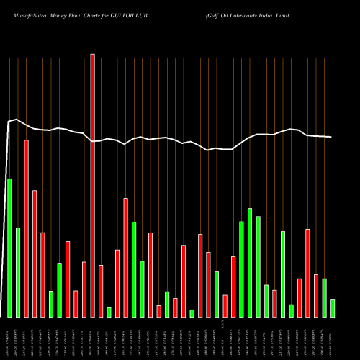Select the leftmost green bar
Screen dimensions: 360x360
tap(9, 248)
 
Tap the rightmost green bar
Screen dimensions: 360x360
tap(332, 307)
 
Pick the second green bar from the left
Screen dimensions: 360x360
tap(18, 272)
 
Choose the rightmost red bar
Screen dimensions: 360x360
tap(316, 296)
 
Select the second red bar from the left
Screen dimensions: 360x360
tap(35, 253)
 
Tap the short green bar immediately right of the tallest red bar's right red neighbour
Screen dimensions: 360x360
tap(109, 312)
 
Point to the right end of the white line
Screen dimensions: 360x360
tap(331, 137)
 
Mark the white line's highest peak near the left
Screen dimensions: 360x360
tap(17, 120)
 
